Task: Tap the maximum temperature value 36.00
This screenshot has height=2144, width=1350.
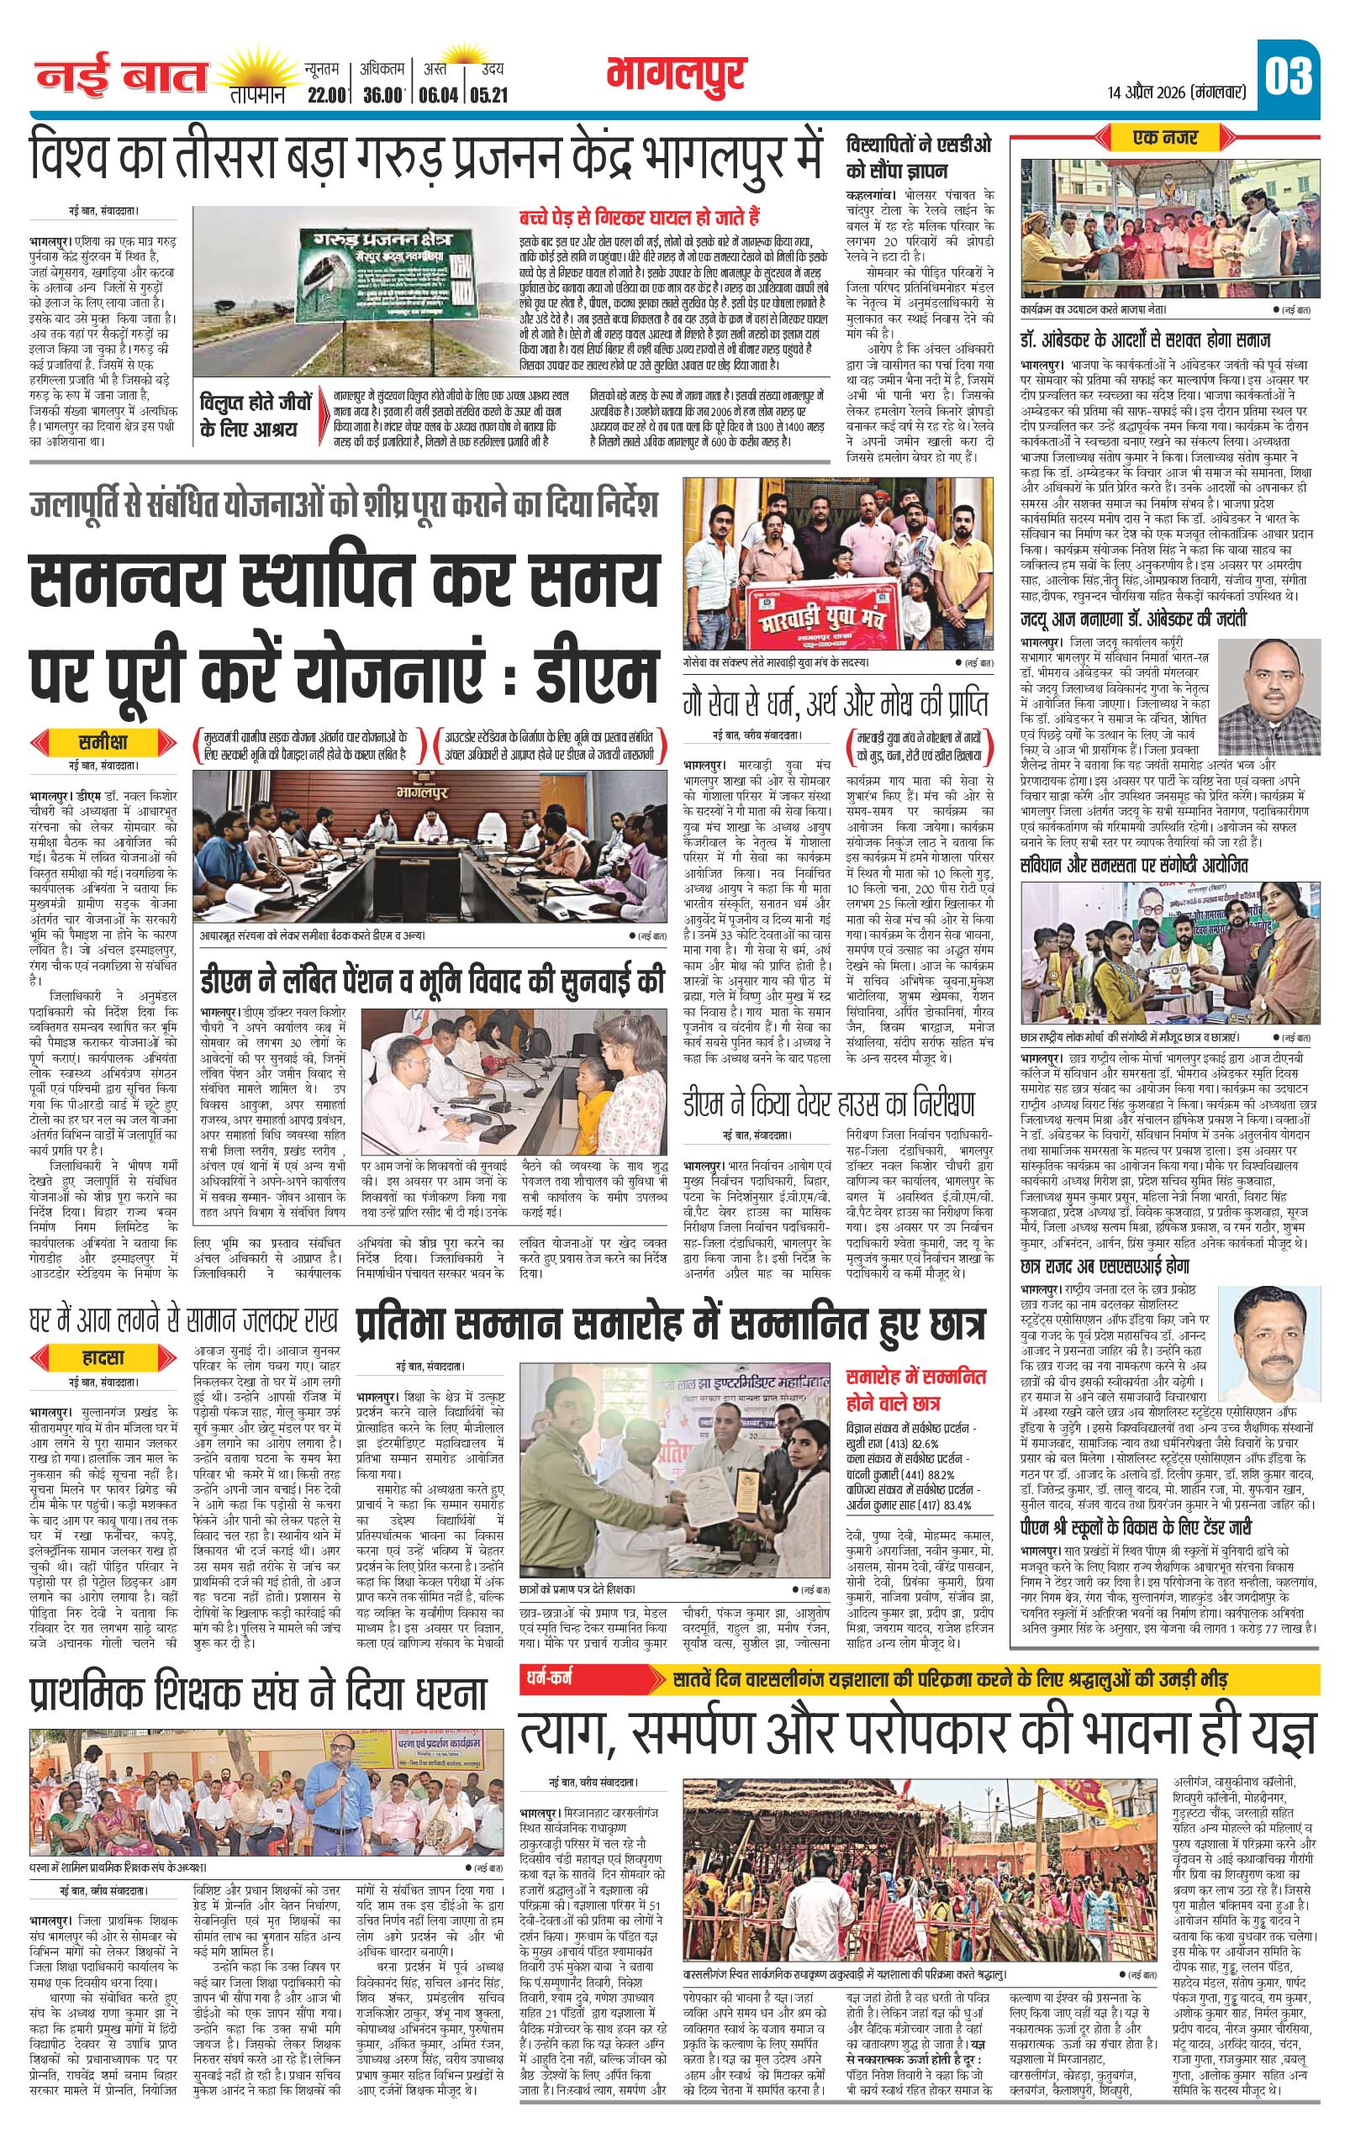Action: (384, 93)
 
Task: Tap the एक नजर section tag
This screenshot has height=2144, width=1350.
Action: (1167, 138)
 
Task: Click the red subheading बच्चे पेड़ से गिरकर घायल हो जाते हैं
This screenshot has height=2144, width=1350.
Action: (639, 215)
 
